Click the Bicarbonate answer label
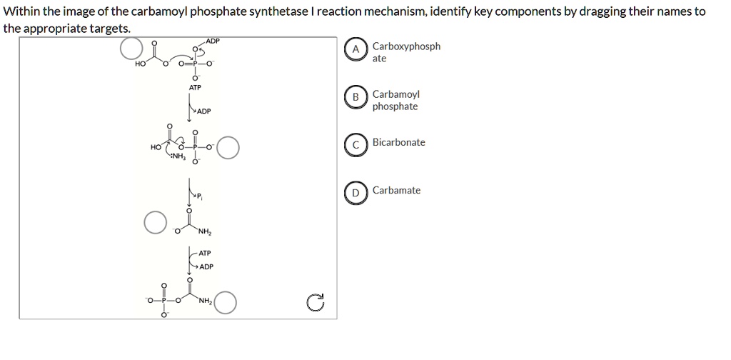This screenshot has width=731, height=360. coord(398,142)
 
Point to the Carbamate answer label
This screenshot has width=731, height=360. coord(396,190)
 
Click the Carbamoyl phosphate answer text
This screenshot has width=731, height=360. coord(395,100)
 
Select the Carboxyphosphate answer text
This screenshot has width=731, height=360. coord(405,52)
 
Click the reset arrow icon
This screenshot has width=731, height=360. coord(316,304)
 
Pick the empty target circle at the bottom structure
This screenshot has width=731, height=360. coord(225,303)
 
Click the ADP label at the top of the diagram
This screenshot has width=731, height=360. coord(213,41)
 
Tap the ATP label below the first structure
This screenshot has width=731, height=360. coord(194,87)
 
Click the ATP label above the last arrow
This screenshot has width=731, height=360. coord(205,254)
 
